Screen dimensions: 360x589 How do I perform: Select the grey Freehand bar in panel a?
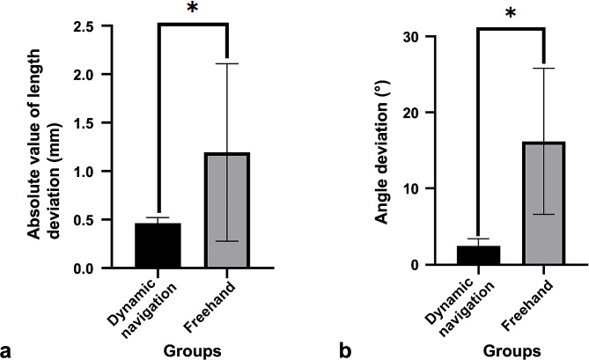[227, 210]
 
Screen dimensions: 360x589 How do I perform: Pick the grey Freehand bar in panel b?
[548, 203]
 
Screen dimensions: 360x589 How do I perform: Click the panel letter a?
[6, 349]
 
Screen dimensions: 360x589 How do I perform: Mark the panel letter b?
[343, 349]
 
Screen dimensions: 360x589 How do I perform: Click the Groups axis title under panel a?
[194, 350]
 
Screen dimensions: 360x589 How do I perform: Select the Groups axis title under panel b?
[513, 350]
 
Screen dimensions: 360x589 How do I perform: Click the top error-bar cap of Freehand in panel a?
[227, 63]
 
